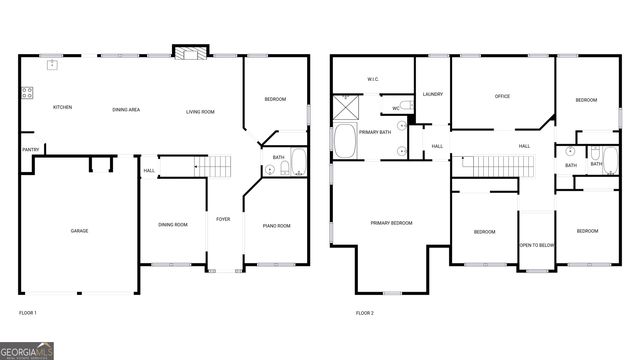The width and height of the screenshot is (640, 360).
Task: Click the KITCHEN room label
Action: [x=62, y=107]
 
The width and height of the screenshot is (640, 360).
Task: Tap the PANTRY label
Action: [x=30, y=151]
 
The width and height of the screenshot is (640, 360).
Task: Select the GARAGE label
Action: [x=79, y=231]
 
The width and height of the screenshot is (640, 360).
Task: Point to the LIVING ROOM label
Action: [x=200, y=112]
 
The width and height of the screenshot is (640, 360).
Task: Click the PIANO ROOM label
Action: [x=277, y=226]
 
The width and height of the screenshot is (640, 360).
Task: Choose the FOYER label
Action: [x=224, y=219]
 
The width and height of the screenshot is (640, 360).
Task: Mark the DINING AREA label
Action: [x=126, y=109]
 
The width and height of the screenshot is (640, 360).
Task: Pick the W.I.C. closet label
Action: [x=372, y=78]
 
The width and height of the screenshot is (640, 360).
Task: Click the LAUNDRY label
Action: [x=432, y=94]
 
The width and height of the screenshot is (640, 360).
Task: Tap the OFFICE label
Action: [x=502, y=96]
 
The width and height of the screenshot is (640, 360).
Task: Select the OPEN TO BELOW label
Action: [x=536, y=245]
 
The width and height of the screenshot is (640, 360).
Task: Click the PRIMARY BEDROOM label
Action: [x=391, y=223]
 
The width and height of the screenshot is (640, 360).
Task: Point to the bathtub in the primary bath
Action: [x=347, y=141]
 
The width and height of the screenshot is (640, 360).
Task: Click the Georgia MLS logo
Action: [x=27, y=351]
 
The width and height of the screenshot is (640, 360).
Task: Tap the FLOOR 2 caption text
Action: [x=365, y=313]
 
